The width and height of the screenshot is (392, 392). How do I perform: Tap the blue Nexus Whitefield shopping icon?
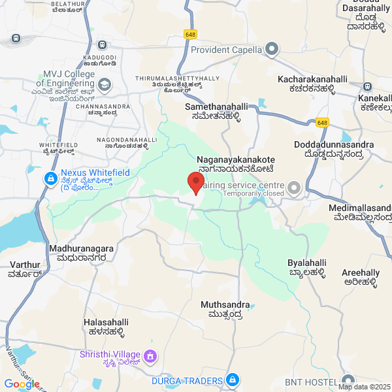[50, 178]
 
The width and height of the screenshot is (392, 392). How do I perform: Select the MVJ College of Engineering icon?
[105, 84]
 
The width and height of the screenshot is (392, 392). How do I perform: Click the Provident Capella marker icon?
[272, 49]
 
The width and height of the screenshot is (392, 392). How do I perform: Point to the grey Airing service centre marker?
[294, 189]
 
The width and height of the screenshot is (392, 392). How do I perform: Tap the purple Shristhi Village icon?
[151, 356]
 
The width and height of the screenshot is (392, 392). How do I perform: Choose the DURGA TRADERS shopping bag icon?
[232, 380]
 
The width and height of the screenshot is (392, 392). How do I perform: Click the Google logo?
[22, 384]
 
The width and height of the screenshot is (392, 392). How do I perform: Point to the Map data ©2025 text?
[364, 387]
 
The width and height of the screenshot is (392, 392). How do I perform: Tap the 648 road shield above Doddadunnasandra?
[321, 122]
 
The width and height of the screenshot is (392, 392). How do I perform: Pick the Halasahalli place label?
[106, 327]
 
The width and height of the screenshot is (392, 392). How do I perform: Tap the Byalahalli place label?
[307, 267]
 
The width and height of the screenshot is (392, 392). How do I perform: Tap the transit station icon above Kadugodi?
[102, 45]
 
